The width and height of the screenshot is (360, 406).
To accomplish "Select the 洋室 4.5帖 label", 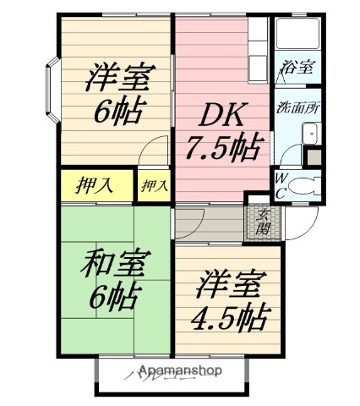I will [x=228, y=300].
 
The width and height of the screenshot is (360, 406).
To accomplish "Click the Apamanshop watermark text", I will [x=178, y=370].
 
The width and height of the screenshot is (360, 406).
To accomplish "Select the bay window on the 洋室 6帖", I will [x=51, y=91].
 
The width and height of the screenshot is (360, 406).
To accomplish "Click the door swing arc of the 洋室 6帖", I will [x=153, y=152].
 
